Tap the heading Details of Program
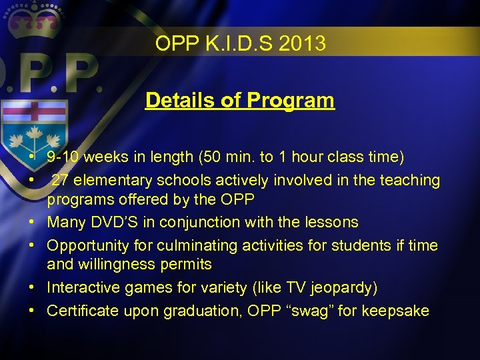240,101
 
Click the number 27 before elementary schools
59,180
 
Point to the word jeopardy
339,287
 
